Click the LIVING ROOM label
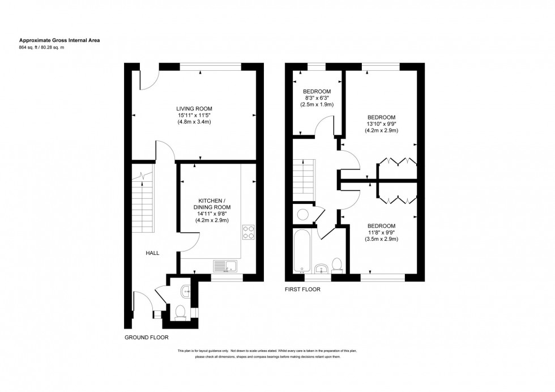[194, 108]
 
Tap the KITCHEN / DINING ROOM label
[212, 204]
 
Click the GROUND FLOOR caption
[147, 337]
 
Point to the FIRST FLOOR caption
[302, 289]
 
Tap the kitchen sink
[225, 265]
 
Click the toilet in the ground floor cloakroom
[181, 312]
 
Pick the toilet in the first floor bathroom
[337, 264]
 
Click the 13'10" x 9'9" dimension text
[381, 123]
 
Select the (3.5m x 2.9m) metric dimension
[381, 239]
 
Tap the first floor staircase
[304, 177]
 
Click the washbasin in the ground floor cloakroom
[186, 291]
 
